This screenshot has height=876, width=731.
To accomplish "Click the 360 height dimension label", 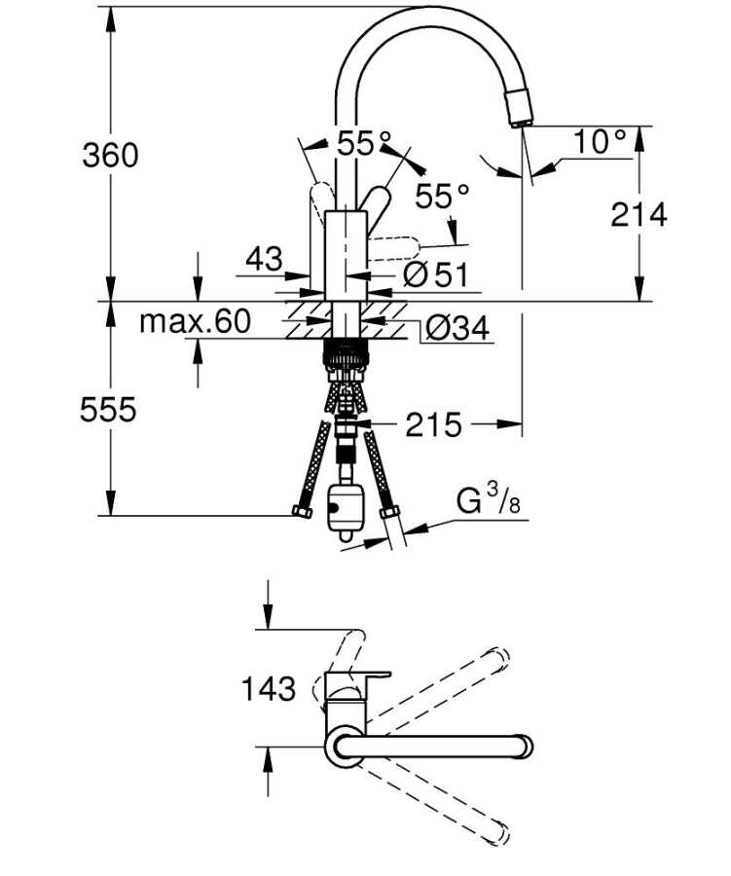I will pyautogui.click(x=110, y=155).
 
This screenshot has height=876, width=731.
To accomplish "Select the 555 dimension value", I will pyautogui.click(x=108, y=410).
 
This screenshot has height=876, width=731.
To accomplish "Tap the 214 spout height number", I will pyautogui.click(x=640, y=215).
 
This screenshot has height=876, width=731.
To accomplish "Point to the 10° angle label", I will pyautogui.click(x=600, y=142).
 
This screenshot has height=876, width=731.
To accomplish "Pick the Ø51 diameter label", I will pyautogui.click(x=435, y=275).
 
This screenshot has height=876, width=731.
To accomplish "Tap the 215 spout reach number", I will pyautogui.click(x=433, y=424).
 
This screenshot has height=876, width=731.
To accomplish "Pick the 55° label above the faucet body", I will pyautogui.click(x=357, y=144).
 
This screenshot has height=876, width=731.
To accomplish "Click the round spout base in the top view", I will pyautogui.click(x=347, y=747).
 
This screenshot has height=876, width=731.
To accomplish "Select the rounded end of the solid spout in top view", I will pyautogui.click(x=524, y=747).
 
